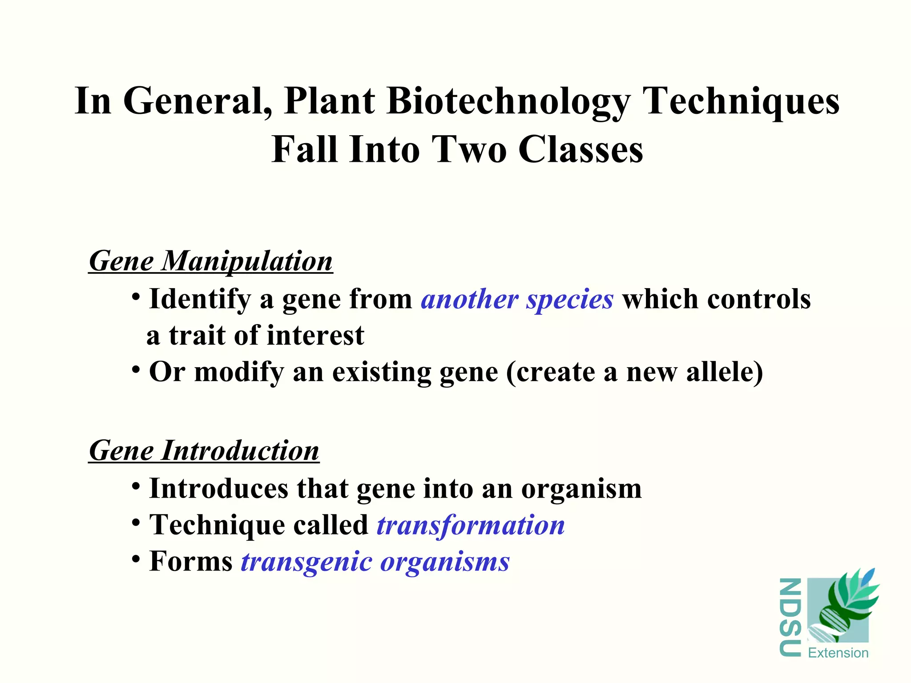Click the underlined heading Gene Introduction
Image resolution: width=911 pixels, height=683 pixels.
point(204,450)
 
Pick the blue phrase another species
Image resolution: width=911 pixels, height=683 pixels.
point(517,299)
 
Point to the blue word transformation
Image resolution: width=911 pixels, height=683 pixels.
point(471,525)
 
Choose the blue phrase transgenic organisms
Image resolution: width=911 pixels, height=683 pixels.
point(375,562)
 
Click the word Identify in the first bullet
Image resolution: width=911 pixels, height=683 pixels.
point(200,299)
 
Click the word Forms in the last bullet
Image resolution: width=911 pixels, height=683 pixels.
point(191,562)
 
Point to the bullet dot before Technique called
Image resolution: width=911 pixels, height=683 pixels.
point(137,522)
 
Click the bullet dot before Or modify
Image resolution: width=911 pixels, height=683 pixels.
point(137,369)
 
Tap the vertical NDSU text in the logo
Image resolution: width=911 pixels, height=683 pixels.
point(790,617)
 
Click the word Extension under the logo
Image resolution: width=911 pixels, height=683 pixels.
point(838,653)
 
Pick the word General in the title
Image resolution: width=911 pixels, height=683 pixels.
point(198,101)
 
